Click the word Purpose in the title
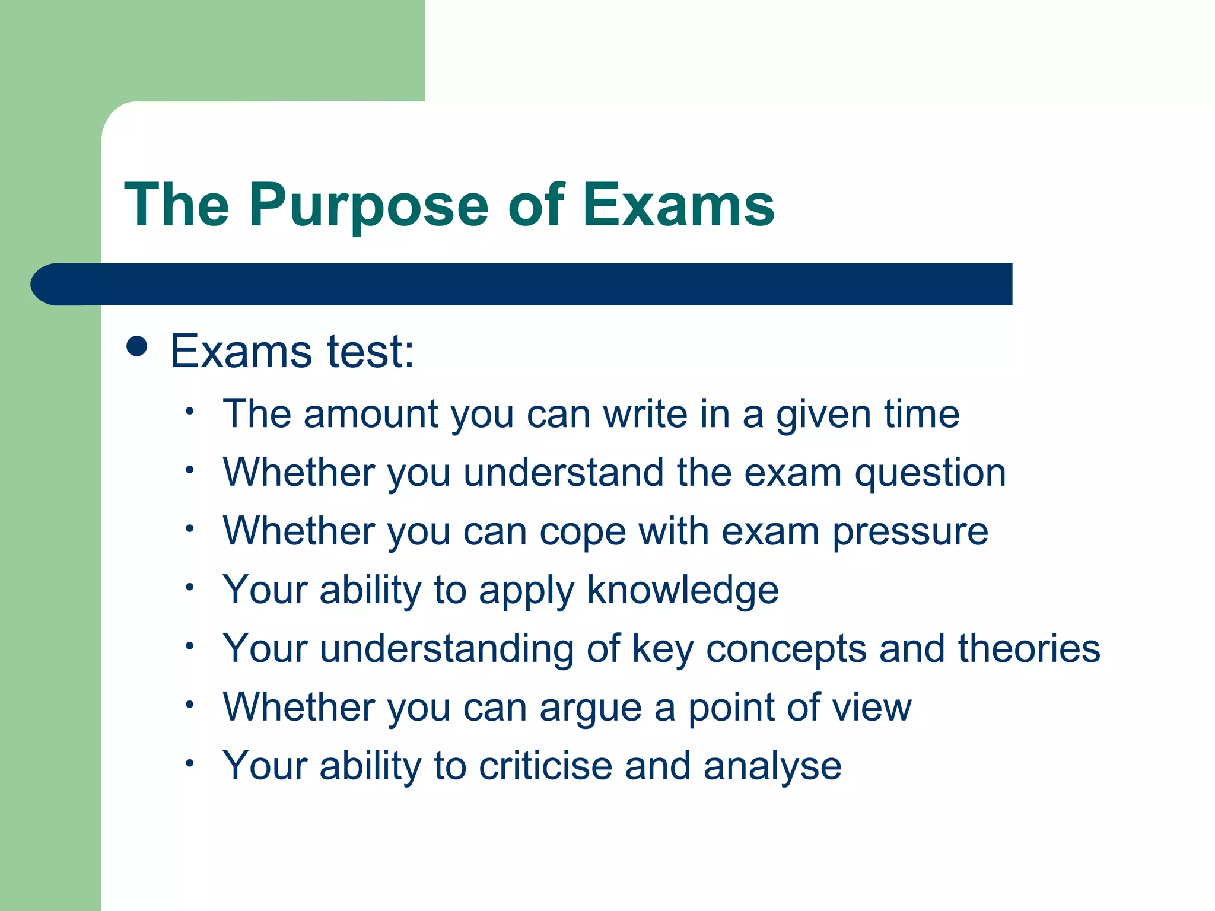pyautogui.click(x=368, y=206)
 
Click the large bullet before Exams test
pyautogui.click(x=137, y=346)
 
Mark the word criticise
pyautogui.click(x=545, y=766)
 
